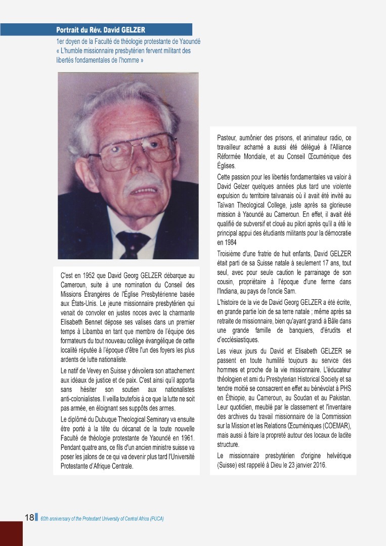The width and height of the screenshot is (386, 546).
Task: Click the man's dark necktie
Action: coord(133,243)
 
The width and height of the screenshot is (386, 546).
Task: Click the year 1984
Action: coord(223,242)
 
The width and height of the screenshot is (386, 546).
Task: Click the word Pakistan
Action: coord(338,397)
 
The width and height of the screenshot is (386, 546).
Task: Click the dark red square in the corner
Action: coord(11,533)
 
